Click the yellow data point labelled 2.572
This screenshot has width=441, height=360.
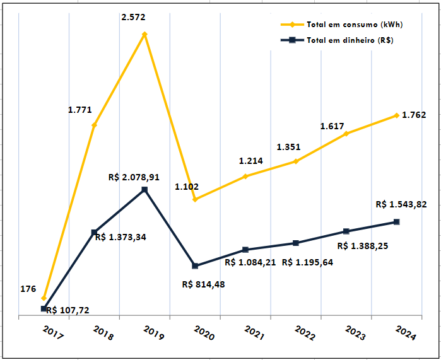point(144,34)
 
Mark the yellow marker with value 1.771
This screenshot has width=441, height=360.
point(94,125)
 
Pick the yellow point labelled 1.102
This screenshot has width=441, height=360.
point(195,199)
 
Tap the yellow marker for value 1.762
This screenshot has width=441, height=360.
point(396,115)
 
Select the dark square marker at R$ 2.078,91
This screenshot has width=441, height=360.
point(144,189)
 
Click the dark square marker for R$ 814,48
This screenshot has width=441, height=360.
point(195,266)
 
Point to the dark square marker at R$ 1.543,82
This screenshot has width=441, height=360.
point(396,222)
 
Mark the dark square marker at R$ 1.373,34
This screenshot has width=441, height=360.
point(94,233)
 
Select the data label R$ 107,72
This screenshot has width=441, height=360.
point(68,310)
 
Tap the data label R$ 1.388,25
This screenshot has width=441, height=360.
point(362,247)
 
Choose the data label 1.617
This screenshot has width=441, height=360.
point(332,126)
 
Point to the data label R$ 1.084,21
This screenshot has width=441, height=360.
point(250,262)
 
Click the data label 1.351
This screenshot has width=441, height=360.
point(288,147)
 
